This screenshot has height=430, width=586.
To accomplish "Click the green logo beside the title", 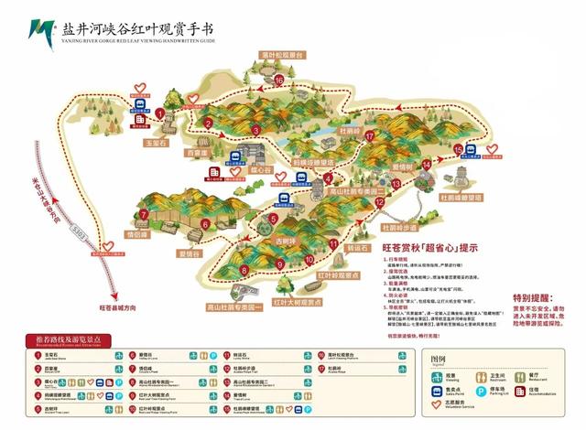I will coord(38,33).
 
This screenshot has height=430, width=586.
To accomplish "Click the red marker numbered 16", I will coord(277,80).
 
